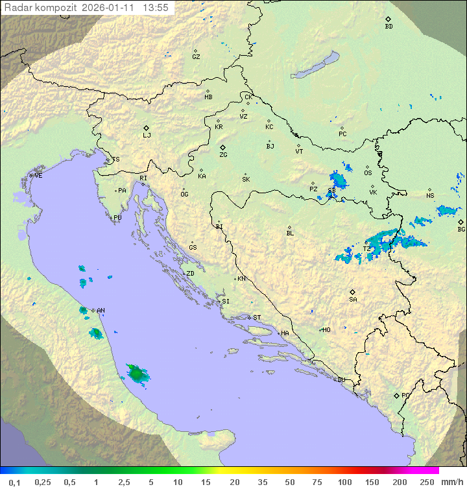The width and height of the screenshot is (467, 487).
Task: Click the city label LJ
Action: pyautogui.click(x=147, y=136)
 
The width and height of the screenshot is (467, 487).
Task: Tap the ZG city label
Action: pyautogui.click(x=223, y=155)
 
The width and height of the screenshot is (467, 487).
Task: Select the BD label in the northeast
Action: pyautogui.click(x=389, y=27)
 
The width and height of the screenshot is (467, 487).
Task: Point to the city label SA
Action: pyautogui.click(x=353, y=300)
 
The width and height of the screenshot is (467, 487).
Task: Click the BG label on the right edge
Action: pyautogui.click(x=461, y=229)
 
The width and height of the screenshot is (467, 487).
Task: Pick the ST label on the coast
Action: pyautogui.click(x=257, y=318)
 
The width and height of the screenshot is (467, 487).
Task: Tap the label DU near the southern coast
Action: pyautogui.click(x=341, y=380)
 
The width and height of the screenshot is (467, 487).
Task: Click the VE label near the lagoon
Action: pyautogui.click(x=38, y=176)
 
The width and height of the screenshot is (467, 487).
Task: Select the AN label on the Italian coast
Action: pyautogui.click(x=101, y=311)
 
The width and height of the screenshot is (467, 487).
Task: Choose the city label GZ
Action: pyautogui.click(x=196, y=57)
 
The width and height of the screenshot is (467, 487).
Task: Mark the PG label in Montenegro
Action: pyautogui.click(x=405, y=396)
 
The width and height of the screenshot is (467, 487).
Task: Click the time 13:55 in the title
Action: pyautogui.click(x=156, y=8)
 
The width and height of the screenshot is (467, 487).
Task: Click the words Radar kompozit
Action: pyautogui.click(x=41, y=8)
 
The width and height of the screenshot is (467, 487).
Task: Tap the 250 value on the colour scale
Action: pyautogui.click(x=427, y=482)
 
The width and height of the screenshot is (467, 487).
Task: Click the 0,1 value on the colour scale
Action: pyautogui.click(x=14, y=482)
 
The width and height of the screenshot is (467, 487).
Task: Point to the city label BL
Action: pyautogui.click(x=290, y=233)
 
